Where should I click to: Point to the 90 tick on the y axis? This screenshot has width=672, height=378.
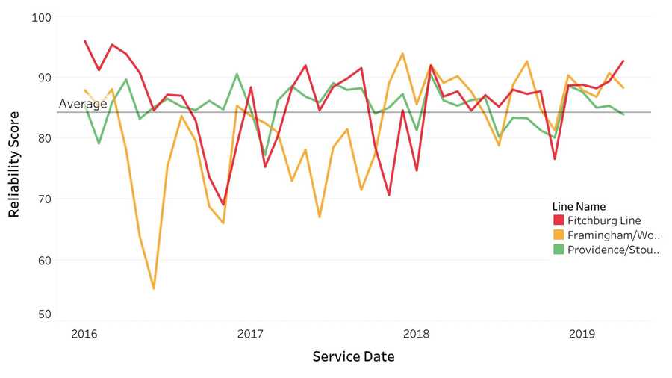click(x=41, y=77)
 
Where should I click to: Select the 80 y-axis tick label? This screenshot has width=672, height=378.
click(x=41, y=138)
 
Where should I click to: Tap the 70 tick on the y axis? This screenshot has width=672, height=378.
click(x=41, y=199)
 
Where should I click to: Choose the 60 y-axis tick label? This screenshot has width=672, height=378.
click(x=41, y=260)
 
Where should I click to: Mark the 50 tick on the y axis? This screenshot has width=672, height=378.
click(x=41, y=315)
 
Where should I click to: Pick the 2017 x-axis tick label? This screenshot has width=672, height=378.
click(x=250, y=335)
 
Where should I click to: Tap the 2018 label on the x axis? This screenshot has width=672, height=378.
click(x=415, y=335)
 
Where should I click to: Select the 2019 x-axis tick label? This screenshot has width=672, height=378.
click(x=582, y=335)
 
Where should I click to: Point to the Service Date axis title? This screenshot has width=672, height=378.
click(x=353, y=357)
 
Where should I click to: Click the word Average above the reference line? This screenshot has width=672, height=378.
click(x=83, y=105)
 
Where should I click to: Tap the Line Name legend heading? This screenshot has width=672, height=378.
click(x=579, y=206)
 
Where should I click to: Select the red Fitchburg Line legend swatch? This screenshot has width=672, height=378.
click(x=558, y=220)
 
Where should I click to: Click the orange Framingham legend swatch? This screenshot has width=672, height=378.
click(x=558, y=235)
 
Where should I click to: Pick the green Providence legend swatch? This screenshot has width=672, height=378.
click(x=558, y=250)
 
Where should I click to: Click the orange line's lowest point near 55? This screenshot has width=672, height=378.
click(x=154, y=288)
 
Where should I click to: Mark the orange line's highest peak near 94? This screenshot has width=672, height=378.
click(x=403, y=53)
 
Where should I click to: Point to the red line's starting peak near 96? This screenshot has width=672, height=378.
click(x=85, y=41)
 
